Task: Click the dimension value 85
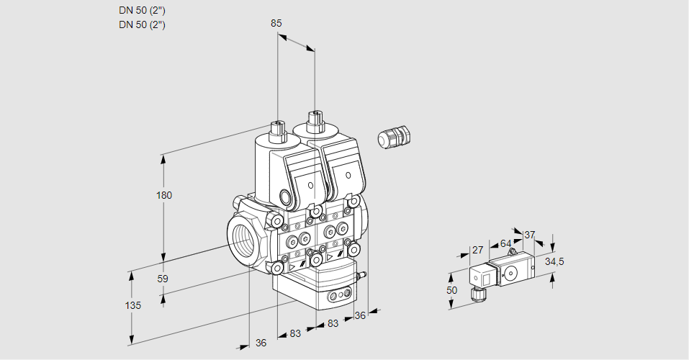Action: point(276,23)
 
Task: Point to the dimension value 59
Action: point(163,279)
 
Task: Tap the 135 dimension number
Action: point(132,305)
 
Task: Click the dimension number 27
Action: point(477,250)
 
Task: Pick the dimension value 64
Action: point(505,243)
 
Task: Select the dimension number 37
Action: point(529,235)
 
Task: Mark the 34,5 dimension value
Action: point(554,261)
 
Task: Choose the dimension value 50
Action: point(451,289)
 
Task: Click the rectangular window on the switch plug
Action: point(485,276)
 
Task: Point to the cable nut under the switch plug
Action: point(475,292)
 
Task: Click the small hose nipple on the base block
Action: point(365,274)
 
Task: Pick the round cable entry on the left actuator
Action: point(286,198)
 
